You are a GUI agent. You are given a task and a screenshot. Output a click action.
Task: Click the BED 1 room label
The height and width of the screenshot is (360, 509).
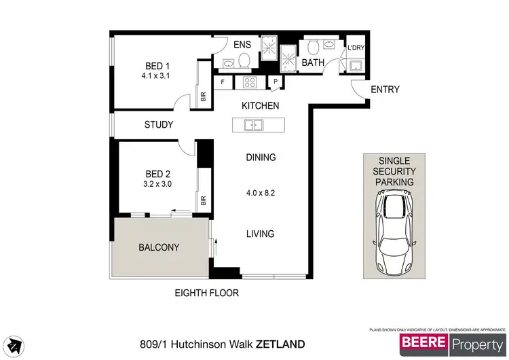[x=157, y=66]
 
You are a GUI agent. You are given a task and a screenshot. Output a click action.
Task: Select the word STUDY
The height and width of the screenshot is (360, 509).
[x=159, y=125]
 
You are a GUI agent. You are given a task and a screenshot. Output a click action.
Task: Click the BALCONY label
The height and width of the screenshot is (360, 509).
[x=159, y=247]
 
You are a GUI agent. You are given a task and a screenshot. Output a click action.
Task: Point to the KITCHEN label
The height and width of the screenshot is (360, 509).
[x=261, y=106]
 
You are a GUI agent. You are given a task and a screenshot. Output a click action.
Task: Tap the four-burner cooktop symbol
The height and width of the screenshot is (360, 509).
[x=249, y=83]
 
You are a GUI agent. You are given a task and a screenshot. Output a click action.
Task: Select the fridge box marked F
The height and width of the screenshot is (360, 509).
[x=223, y=83]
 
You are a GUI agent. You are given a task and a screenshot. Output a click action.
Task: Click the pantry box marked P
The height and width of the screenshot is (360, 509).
[x=276, y=83]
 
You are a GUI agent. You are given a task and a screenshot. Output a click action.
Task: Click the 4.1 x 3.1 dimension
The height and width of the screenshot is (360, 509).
[x=155, y=76]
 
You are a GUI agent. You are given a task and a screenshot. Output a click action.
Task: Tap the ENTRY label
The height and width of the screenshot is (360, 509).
[x=385, y=90]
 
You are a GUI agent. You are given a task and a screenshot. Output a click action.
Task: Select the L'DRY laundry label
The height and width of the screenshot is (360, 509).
[x=356, y=49]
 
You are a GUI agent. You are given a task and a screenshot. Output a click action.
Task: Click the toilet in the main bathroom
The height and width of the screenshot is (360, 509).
[x=314, y=48]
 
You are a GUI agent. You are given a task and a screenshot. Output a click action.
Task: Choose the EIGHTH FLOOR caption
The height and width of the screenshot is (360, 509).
[x=206, y=293]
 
